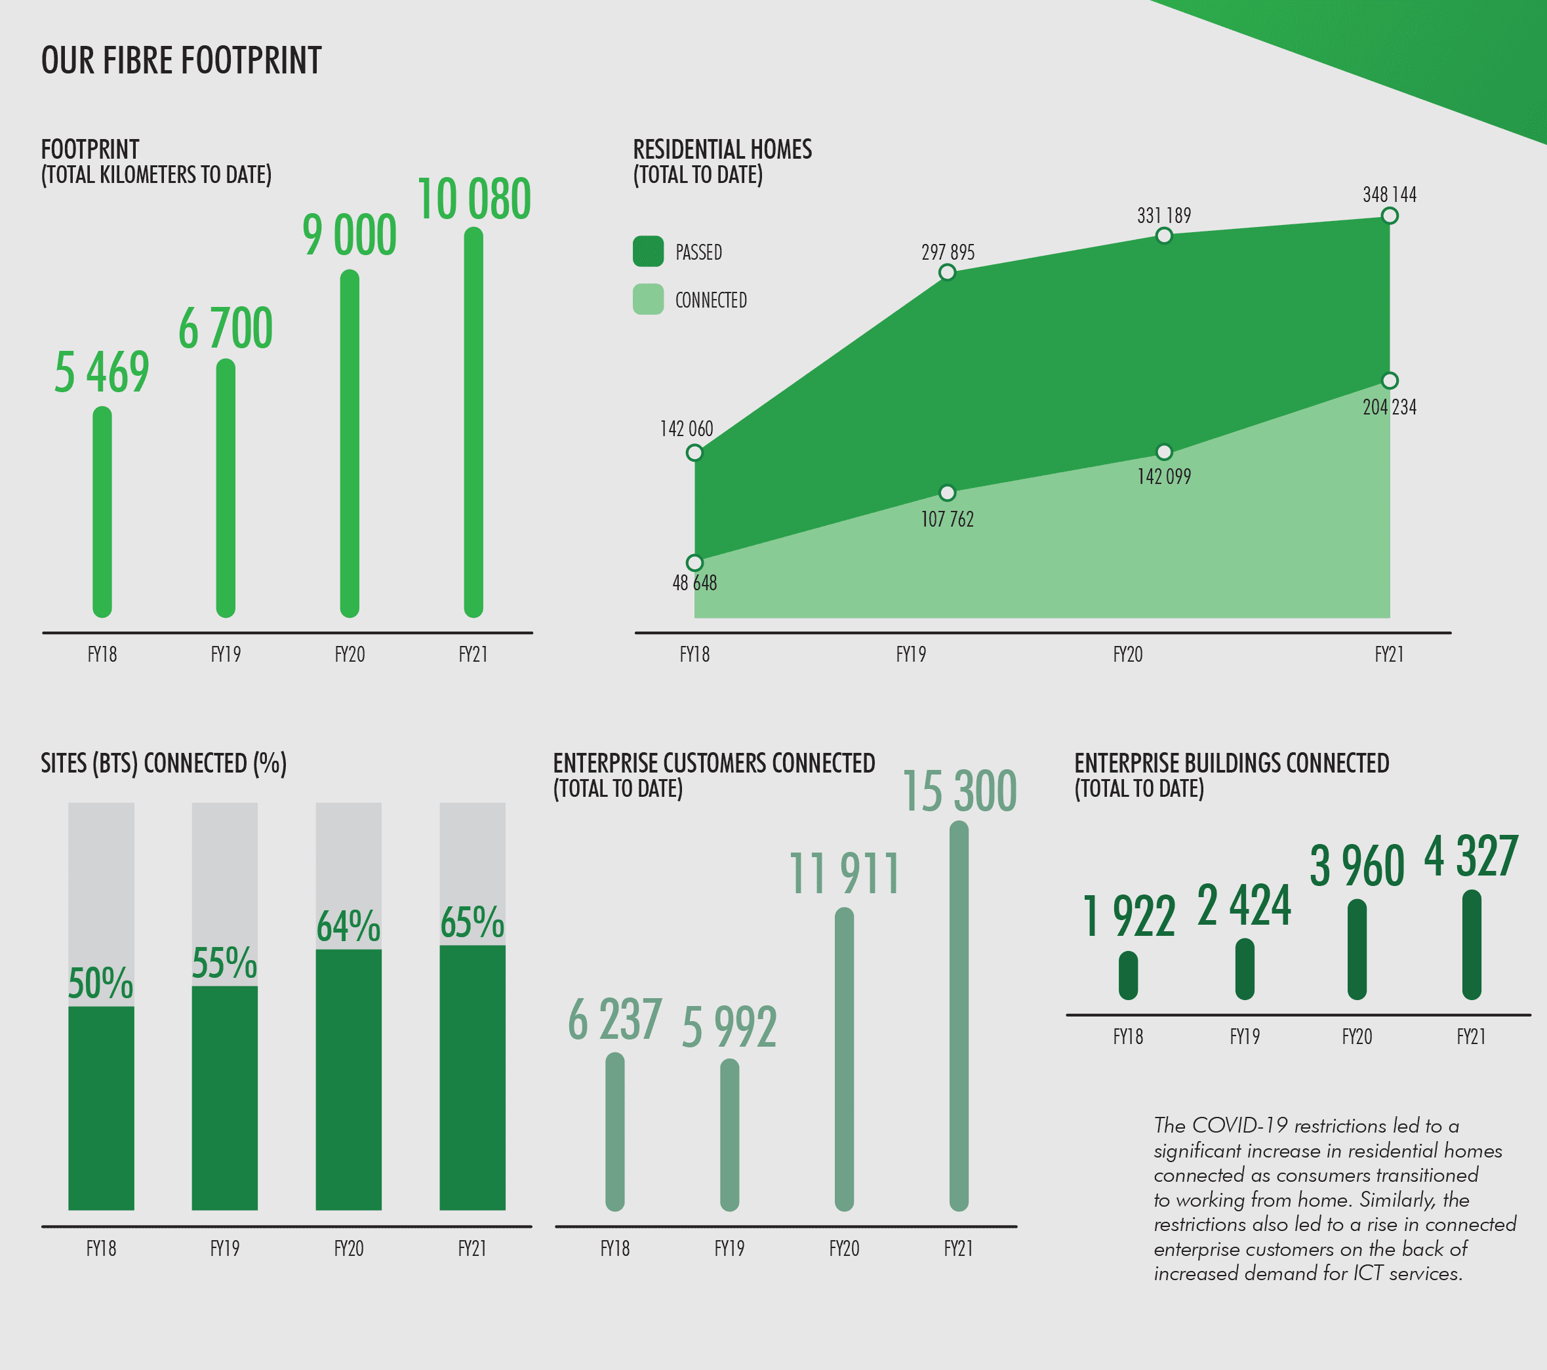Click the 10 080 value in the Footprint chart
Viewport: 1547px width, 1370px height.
[473, 199]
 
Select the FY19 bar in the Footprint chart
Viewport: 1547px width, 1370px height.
[226, 488]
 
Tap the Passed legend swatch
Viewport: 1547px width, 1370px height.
[648, 251]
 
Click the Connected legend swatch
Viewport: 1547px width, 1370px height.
[648, 300]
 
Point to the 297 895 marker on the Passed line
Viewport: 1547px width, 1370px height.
[947, 272]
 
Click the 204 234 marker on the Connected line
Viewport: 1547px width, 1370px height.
[1390, 381]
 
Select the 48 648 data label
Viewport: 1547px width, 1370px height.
[694, 583]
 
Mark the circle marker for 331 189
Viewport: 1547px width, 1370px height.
[1164, 236]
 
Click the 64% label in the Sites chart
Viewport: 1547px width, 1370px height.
[348, 927]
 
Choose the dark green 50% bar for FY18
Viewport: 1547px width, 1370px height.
[102, 1108]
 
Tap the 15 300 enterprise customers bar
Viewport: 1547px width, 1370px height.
[959, 1016]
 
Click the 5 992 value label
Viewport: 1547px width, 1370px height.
[729, 1027]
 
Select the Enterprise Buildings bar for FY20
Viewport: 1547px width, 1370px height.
[1357, 949]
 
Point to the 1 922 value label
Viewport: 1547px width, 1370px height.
[1129, 917]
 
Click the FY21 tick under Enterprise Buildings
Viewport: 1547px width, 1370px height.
[1472, 1036]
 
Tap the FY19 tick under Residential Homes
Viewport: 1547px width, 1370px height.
[912, 654]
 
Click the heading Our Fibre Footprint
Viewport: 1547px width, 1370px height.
[182, 60]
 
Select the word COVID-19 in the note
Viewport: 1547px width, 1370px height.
[1239, 1125]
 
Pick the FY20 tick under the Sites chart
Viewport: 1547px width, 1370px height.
[349, 1248]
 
